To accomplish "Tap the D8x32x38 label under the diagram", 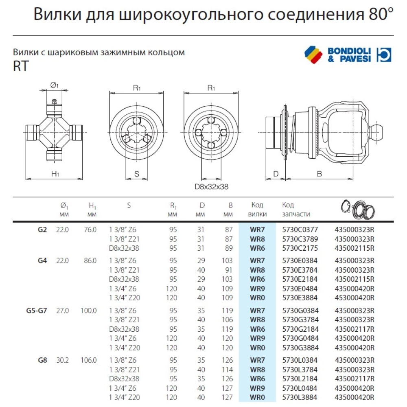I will [x=211, y=187].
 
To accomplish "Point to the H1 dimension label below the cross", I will [x=55, y=174].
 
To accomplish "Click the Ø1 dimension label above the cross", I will [x=55, y=85].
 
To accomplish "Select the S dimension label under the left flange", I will [x=137, y=174].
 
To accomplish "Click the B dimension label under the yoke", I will [x=319, y=174].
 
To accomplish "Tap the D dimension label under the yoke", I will [x=276, y=174].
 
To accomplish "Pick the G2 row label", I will [x=42, y=230].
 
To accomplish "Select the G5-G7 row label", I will [x=36, y=311].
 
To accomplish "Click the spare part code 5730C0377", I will [x=300, y=230].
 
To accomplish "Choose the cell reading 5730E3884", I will [x=300, y=298].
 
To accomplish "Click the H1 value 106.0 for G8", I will [x=88, y=360].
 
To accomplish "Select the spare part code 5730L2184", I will [x=300, y=379].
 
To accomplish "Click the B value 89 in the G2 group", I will [x=229, y=248].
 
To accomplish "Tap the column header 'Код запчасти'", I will [x=296, y=209].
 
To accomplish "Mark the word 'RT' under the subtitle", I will [x=21, y=67].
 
